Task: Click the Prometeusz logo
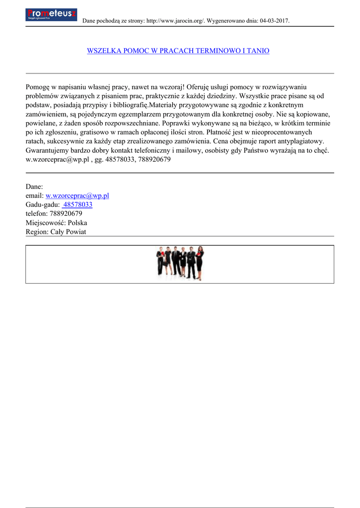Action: [51, 14]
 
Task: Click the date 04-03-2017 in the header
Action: [274, 21]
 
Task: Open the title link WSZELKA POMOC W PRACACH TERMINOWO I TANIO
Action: [178, 51]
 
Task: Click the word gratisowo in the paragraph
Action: [87, 132]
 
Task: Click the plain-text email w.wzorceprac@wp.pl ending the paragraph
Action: [57, 159]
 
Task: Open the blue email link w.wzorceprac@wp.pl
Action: [77, 195]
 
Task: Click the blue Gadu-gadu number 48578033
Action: [78, 204]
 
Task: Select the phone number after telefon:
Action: [66, 213]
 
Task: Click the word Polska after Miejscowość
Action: [77, 223]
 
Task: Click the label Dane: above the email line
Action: [34, 187]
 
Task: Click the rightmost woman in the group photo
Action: [200, 263]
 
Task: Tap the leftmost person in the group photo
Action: [160, 262]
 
